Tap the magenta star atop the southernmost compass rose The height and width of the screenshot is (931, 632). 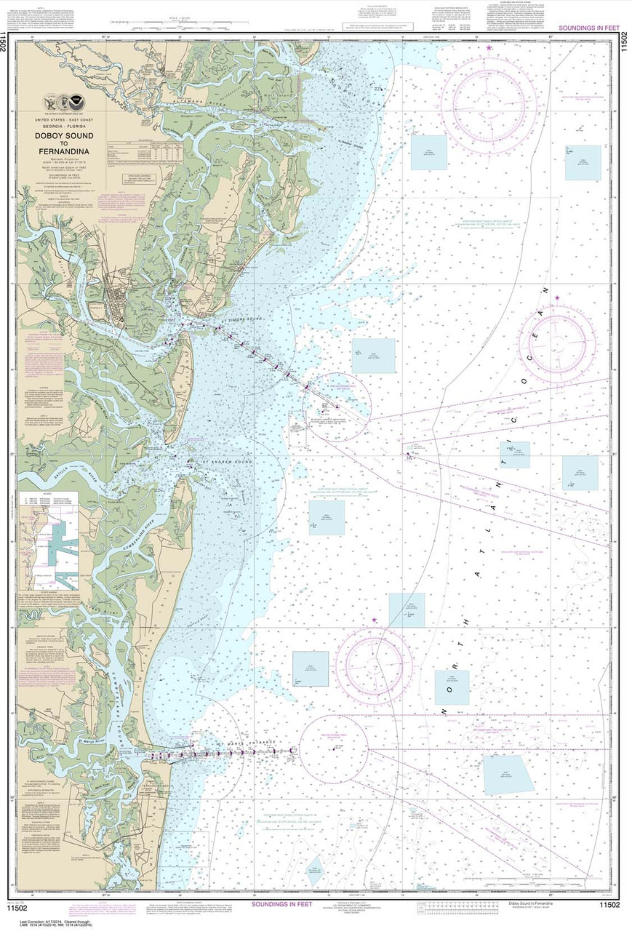tap(374, 620)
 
